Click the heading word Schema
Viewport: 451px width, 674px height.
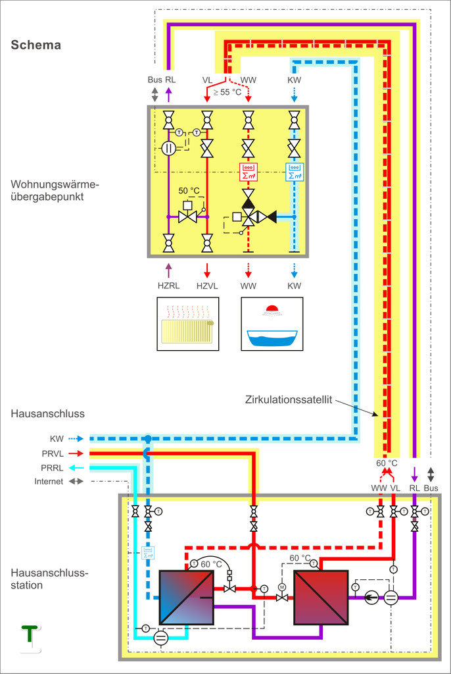click(36, 45)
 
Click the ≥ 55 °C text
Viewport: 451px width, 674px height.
click(226, 92)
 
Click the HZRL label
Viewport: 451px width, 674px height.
click(169, 285)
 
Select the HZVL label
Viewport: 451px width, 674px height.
click(207, 285)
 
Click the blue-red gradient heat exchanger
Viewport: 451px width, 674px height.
click(187, 598)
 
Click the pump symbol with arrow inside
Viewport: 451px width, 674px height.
click(372, 598)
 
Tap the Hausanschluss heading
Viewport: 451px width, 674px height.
click(44, 413)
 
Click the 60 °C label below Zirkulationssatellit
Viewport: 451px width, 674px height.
click(387, 461)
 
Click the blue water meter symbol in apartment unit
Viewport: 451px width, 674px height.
click(295, 172)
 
